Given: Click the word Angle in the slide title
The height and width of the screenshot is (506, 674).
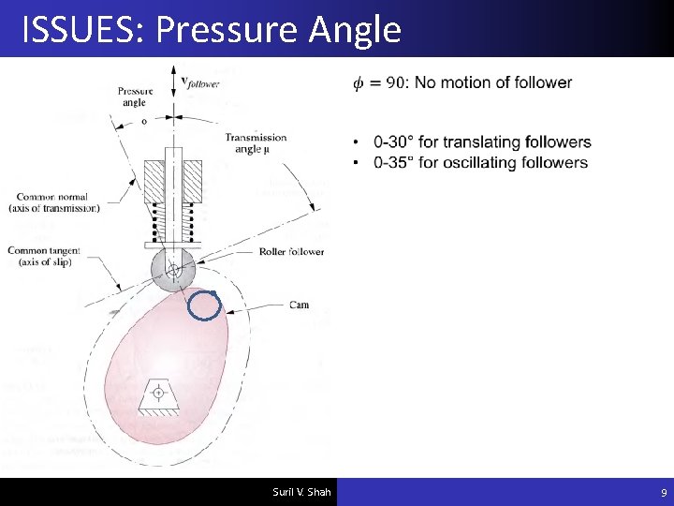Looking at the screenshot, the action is (354, 30).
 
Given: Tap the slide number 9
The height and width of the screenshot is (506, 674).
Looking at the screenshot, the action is (663, 492).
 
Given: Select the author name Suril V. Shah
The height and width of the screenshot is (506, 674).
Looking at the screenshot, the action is (301, 492).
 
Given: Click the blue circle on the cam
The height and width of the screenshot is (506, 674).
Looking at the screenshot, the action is (203, 305).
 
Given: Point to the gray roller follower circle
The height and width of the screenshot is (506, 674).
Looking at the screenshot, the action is (173, 270).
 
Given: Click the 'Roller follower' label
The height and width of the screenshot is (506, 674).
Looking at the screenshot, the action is (292, 251).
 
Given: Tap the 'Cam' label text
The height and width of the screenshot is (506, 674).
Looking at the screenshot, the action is (299, 305).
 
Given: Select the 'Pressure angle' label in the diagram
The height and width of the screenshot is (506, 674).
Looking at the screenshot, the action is (135, 97).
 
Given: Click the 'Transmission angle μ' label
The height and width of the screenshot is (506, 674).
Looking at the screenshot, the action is (256, 142).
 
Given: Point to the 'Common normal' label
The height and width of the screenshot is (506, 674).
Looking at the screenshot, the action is (51, 202).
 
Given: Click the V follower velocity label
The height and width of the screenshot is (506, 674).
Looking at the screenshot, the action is (199, 82).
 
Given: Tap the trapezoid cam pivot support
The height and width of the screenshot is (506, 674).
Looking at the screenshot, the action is (157, 396).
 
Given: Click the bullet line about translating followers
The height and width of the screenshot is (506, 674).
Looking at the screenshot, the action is (481, 142).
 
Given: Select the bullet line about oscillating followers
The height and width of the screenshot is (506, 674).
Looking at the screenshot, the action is (480, 162).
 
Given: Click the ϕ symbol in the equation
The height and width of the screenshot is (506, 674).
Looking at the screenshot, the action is (357, 82).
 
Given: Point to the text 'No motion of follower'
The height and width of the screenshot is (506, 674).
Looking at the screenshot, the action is (493, 82).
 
